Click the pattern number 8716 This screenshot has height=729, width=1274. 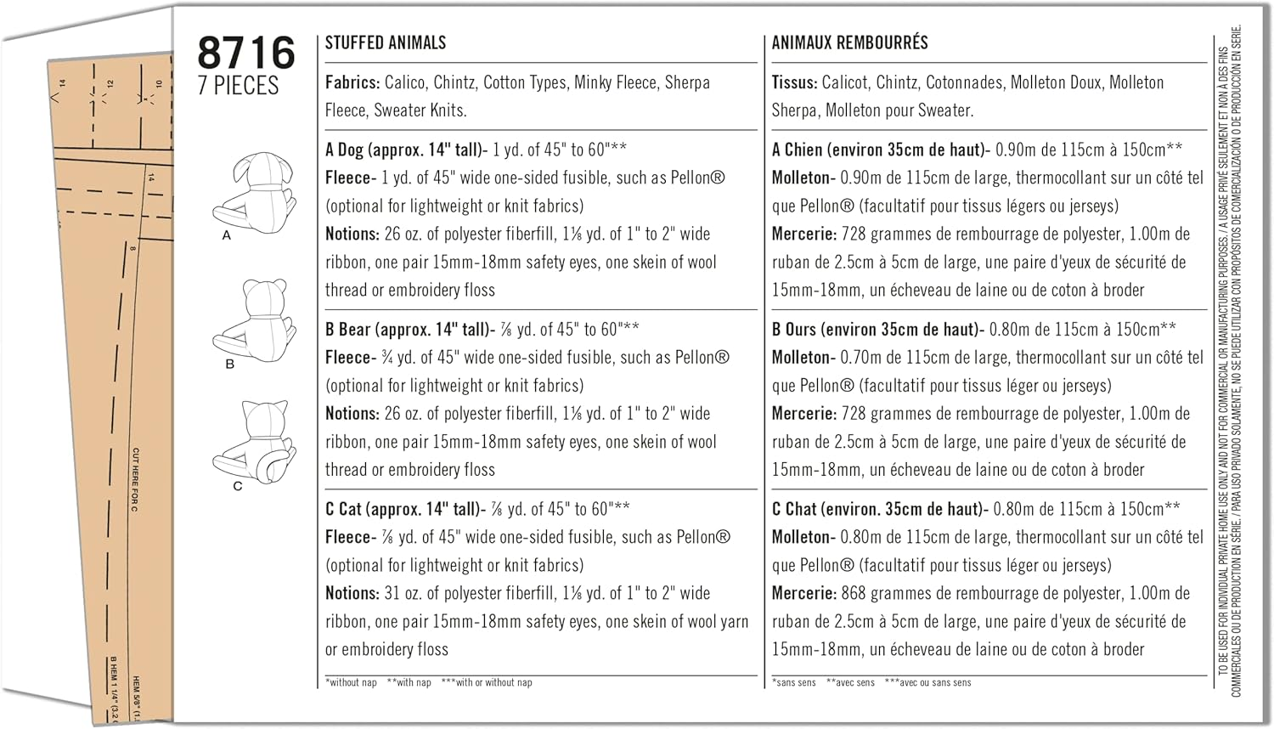pyautogui.click(x=245, y=53)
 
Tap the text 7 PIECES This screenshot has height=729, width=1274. pyautogui.click(x=239, y=86)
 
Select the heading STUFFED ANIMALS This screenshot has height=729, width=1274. pyautogui.click(x=386, y=42)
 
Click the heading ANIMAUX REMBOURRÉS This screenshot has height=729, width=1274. pyautogui.click(x=849, y=42)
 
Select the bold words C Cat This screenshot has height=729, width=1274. pyautogui.click(x=343, y=509)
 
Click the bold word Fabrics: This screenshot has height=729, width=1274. pyautogui.click(x=352, y=82)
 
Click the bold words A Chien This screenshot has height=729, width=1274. pyautogui.click(x=797, y=150)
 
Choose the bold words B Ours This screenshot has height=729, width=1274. pyautogui.click(x=794, y=330)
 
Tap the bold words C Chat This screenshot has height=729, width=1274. pyautogui.click(x=794, y=509)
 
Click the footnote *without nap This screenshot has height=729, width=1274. pyautogui.click(x=351, y=682)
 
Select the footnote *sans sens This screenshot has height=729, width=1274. pyautogui.click(x=794, y=682)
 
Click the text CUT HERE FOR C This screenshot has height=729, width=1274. pyautogui.click(x=135, y=479)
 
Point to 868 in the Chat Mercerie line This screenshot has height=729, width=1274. pyautogui.click(x=854, y=593)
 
